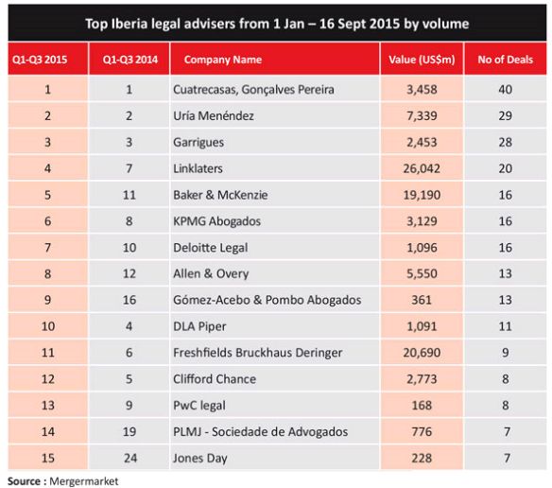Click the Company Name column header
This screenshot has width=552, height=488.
[223, 60]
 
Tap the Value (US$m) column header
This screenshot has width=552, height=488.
[422, 60]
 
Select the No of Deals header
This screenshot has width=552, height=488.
[505, 60]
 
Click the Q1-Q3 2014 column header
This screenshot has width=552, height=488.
[130, 60]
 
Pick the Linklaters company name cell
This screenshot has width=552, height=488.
[198, 168]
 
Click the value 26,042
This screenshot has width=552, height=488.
[422, 168]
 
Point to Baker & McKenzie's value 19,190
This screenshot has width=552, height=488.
[422, 195]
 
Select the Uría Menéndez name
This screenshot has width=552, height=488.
[214, 115]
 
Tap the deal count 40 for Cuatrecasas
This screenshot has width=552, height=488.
[505, 90]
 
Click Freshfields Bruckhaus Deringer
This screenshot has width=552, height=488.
[258, 353]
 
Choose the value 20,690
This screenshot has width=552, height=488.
[422, 353]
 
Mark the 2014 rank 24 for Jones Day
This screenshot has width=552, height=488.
[130, 458]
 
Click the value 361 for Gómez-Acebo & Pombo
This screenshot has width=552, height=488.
[422, 300]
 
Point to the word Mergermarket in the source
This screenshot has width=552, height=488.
[84, 481]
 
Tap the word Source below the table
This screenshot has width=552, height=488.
[24, 481]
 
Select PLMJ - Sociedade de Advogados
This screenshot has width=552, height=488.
[261, 431]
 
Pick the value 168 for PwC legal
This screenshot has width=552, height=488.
[422, 405]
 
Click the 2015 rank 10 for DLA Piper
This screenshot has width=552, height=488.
[48, 326]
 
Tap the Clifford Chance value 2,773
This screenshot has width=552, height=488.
[422, 379]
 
